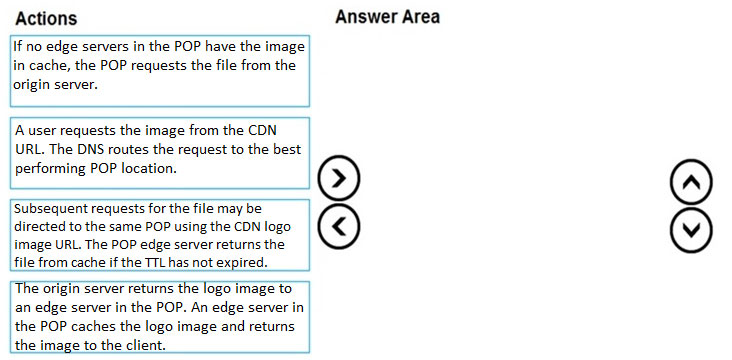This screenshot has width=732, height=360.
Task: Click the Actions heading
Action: point(46,18)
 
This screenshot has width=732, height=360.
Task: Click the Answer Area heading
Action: point(387,17)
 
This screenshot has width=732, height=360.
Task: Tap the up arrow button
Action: point(691,182)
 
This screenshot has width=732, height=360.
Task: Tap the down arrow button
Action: point(691,230)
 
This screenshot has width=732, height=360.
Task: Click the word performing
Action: point(50,169)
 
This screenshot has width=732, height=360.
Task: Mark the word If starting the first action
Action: point(17,47)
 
